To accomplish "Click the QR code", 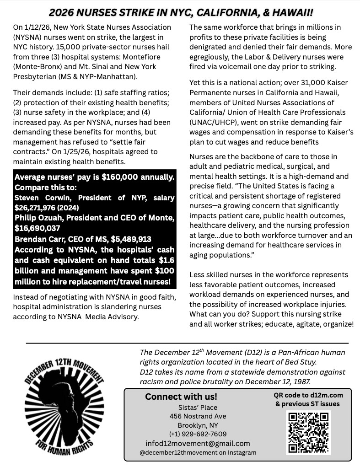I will tap(308, 432).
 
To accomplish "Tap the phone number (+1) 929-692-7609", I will tap(198, 434).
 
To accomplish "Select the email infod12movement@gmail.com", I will tap(198, 443).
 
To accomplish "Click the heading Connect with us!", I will tap(181, 397).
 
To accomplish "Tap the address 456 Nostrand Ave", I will tap(198, 416).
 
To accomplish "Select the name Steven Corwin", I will tap(40, 198).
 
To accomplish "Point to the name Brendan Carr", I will tap(38, 239).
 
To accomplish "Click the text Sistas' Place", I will tap(198, 407).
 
